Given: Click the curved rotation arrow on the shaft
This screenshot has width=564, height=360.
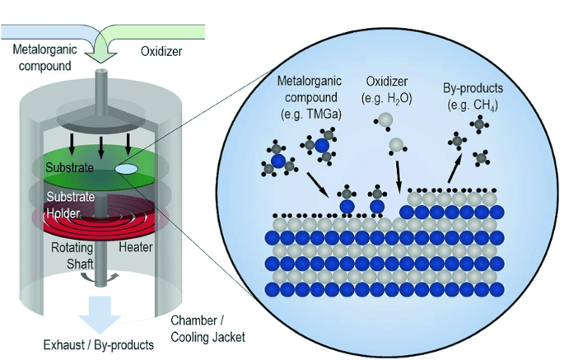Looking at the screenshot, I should pyautogui.click(x=114, y=278).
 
